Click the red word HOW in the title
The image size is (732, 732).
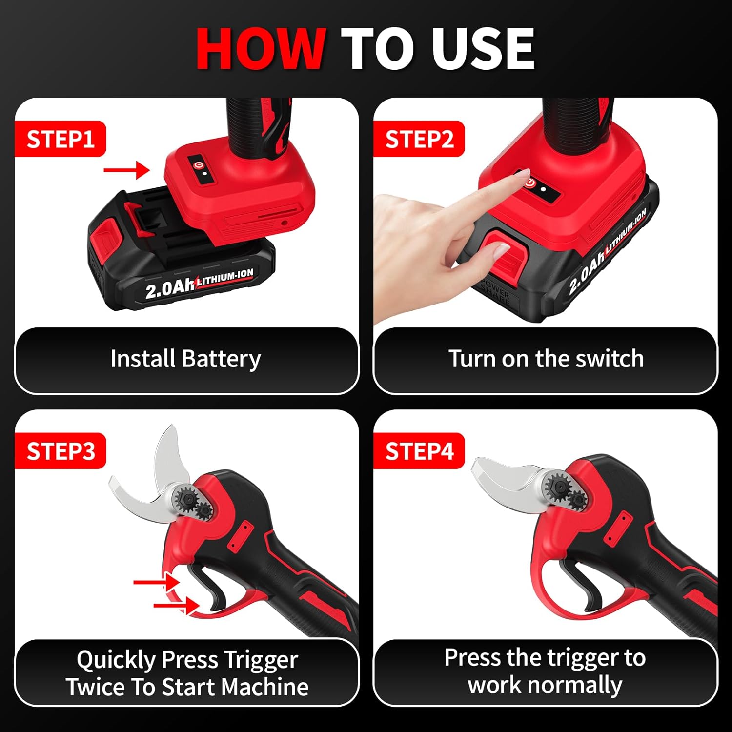261,49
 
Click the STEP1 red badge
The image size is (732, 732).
60,139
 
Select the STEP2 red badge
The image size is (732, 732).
419,139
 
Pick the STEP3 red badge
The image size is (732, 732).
60,451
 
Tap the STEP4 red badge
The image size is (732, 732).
419,451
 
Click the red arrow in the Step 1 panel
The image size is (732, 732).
126,170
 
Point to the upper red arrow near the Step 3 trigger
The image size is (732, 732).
156,582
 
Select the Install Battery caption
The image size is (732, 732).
185,359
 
